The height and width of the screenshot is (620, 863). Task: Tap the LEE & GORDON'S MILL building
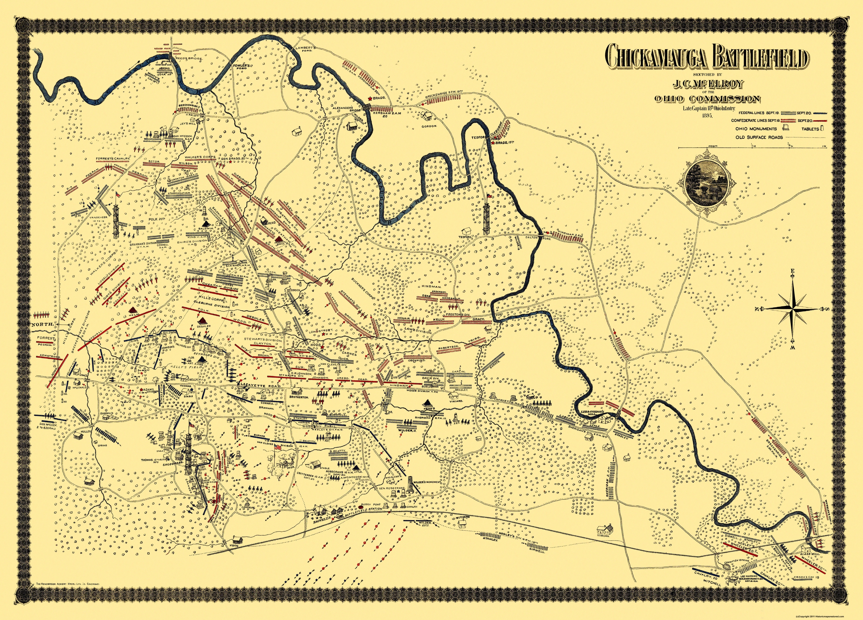pyautogui.click(x=602, y=419)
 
